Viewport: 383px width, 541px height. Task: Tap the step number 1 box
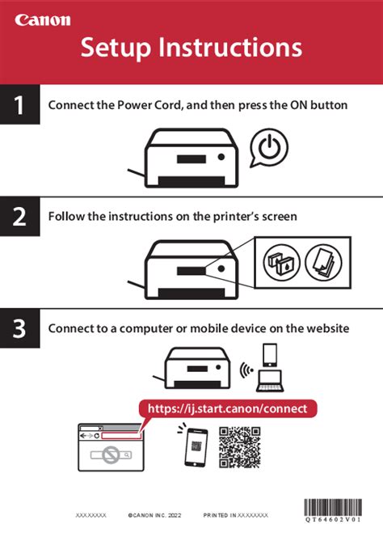tap(19, 105)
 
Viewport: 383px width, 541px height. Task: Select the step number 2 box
tap(19, 217)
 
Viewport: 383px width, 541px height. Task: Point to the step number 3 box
tap(19, 328)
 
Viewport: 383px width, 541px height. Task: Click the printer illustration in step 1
tap(187, 158)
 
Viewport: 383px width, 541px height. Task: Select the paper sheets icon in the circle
tap(325, 262)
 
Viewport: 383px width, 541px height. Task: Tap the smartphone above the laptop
tap(270, 353)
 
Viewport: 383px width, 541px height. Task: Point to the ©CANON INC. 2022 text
tap(154, 514)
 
